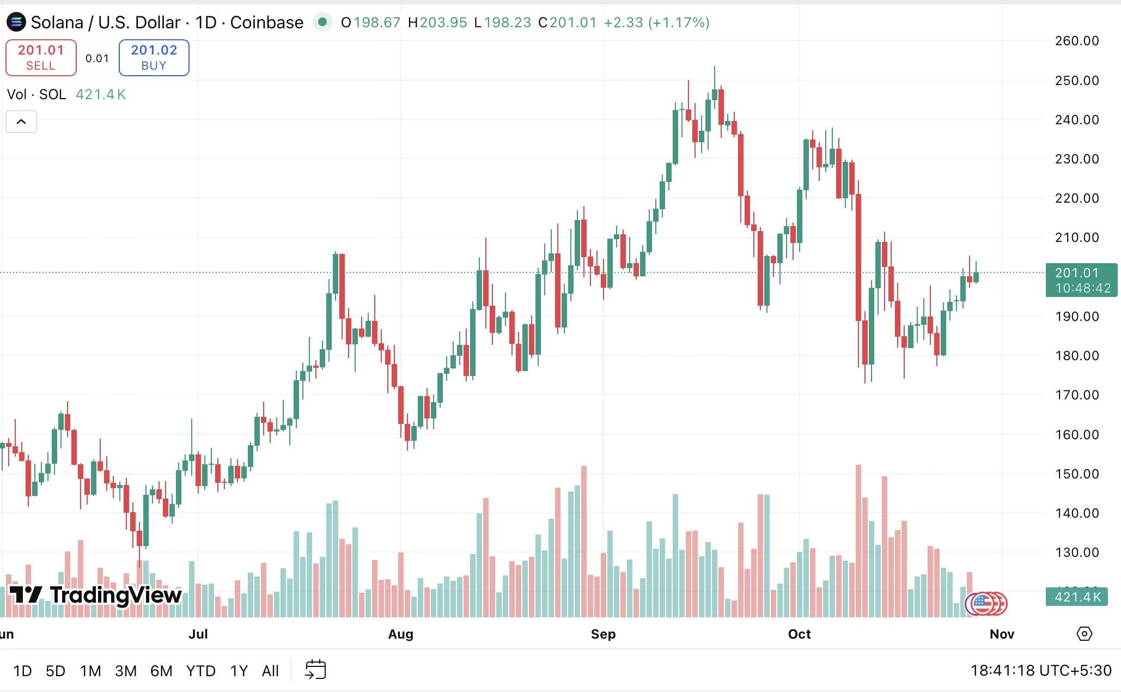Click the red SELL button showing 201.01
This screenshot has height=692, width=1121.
[x=41, y=57]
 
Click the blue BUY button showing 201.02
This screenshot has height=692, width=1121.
[x=154, y=57]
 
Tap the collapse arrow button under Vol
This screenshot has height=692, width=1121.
[x=21, y=122]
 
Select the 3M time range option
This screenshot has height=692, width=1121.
[x=126, y=671]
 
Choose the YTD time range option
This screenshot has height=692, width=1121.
[x=200, y=671]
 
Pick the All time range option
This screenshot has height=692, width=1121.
[x=270, y=671]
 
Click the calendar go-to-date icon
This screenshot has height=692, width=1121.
[x=315, y=670]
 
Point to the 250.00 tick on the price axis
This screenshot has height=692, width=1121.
[x=1076, y=81]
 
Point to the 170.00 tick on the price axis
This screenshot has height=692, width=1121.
[x=1076, y=395]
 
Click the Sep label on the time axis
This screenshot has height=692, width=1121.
[x=603, y=634]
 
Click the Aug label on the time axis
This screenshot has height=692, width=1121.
[x=401, y=634]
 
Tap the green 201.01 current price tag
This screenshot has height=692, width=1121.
[x=1081, y=280]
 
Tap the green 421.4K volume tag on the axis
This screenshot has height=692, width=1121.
[x=1077, y=597]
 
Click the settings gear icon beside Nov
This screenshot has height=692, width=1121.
[x=1084, y=634]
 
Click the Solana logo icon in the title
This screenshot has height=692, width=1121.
[x=16, y=22]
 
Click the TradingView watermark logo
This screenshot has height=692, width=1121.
[x=96, y=595]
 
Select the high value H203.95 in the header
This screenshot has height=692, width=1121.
[x=437, y=22]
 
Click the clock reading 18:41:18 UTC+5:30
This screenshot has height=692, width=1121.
[x=1040, y=670]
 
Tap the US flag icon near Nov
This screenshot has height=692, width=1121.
[x=982, y=603]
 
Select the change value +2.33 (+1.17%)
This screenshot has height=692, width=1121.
[x=656, y=22]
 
